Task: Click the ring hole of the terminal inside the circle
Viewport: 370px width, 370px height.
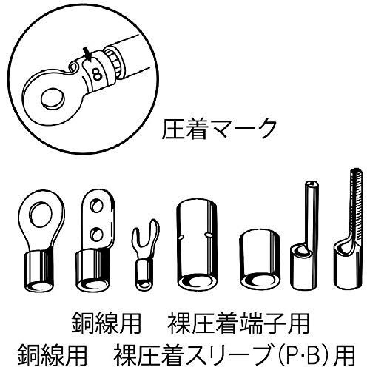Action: pyautogui.click(x=53, y=97)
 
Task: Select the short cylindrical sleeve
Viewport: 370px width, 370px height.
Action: pyautogui.click(x=257, y=259)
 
